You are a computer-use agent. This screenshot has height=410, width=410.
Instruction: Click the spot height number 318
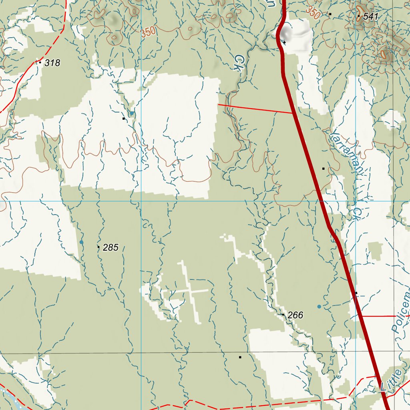pos(52,63)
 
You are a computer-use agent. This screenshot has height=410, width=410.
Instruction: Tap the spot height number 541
pos(370,16)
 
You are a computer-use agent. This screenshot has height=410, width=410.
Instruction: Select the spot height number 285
pos(111,247)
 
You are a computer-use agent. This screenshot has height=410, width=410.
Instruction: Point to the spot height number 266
pos(295,316)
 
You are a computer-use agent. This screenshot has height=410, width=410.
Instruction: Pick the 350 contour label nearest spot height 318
pos(148,32)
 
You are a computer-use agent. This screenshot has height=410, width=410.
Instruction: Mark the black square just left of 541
pos(330,14)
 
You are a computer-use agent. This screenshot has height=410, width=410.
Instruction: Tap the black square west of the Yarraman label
pos(324,169)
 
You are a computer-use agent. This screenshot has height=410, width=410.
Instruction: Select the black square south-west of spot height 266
pos(240,357)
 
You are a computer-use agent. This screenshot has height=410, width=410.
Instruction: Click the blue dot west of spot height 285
pos(81,242)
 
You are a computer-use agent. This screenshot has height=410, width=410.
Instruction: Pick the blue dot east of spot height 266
pos(319,307)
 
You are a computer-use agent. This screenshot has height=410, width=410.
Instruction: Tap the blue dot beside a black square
pos(131,114)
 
